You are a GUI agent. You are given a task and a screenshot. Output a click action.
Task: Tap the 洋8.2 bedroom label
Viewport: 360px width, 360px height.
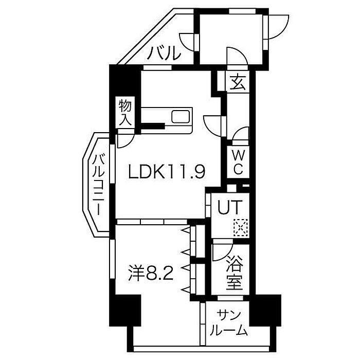point(150,271)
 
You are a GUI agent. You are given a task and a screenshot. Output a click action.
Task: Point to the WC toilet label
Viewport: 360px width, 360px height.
point(240,160)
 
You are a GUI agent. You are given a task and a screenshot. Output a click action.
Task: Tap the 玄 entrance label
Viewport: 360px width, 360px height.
point(237,82)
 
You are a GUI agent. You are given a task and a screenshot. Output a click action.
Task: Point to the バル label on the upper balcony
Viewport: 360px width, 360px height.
point(166,52)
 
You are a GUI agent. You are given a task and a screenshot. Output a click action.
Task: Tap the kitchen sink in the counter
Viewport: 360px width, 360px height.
point(181,116)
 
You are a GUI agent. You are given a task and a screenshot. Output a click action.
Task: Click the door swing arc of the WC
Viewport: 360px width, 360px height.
point(240,136)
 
